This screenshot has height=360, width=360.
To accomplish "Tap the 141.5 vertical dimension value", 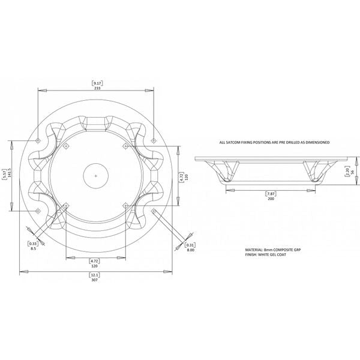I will pyautogui.click(x=10, y=175).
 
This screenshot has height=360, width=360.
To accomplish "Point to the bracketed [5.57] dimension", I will pyautogui.click(x=4, y=175).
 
